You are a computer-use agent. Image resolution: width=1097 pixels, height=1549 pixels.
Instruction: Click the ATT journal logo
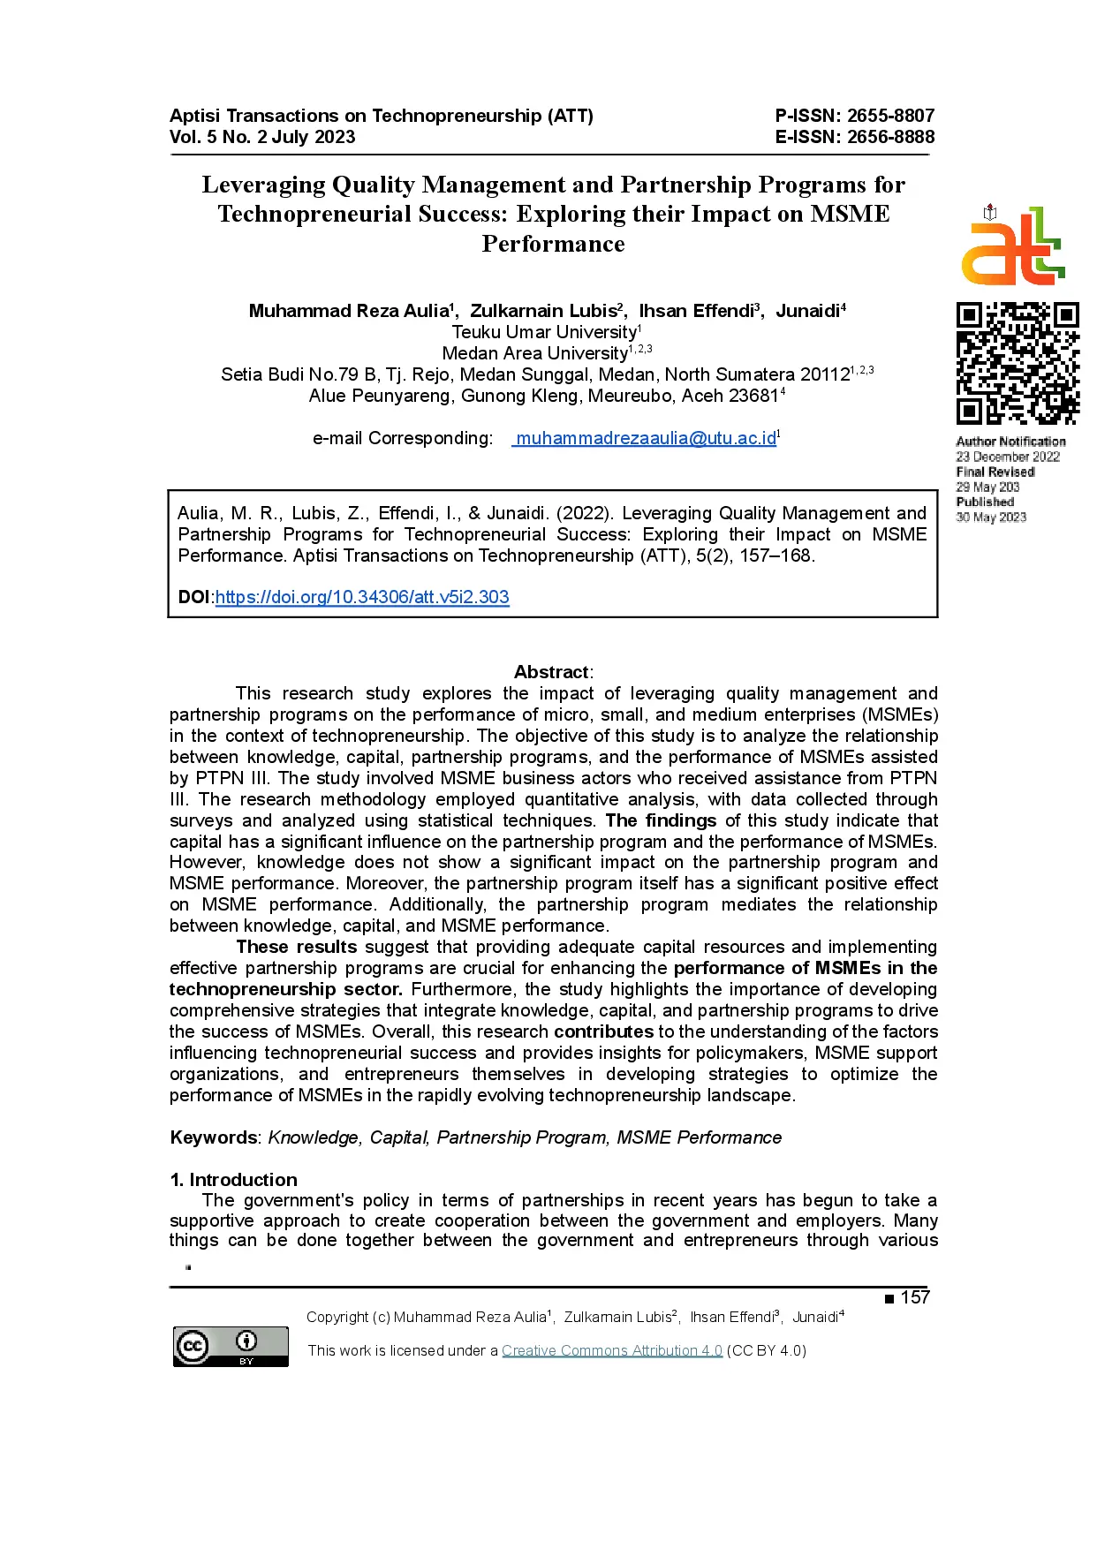(x=1013, y=246)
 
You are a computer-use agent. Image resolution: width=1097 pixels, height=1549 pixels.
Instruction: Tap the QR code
(x=1017, y=363)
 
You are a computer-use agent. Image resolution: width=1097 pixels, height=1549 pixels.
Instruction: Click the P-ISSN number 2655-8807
(x=890, y=116)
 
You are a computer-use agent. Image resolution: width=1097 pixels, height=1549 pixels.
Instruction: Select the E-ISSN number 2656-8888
(x=890, y=137)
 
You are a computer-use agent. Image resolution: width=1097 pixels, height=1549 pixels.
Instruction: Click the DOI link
(x=362, y=597)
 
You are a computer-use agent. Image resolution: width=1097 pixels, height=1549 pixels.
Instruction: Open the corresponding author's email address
(x=646, y=438)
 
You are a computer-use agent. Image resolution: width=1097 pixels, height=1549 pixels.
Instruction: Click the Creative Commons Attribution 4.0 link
(x=612, y=1350)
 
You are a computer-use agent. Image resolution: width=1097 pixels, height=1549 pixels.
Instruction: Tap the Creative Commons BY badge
(x=231, y=1347)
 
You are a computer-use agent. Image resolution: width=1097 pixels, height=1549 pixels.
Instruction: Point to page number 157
(x=915, y=1297)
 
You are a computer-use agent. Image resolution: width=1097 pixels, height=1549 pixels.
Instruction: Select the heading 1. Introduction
(x=233, y=1180)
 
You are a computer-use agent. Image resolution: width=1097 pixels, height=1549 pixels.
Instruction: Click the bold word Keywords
(x=213, y=1137)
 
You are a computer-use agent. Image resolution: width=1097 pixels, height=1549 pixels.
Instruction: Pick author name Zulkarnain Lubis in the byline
(x=543, y=311)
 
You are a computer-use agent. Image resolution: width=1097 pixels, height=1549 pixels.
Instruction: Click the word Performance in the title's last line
(x=553, y=244)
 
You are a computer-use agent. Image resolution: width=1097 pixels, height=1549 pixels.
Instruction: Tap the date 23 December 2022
(x=1007, y=457)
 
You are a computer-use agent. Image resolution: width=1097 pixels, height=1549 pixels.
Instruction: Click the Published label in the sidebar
(x=985, y=502)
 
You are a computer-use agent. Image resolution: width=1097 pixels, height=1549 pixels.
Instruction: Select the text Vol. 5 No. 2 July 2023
(x=262, y=137)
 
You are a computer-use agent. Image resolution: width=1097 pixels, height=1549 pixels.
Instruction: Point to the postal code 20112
(x=824, y=374)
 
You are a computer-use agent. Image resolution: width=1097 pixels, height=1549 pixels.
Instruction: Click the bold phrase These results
(x=297, y=947)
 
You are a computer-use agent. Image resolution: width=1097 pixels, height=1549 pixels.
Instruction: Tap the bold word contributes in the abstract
(x=603, y=1031)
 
